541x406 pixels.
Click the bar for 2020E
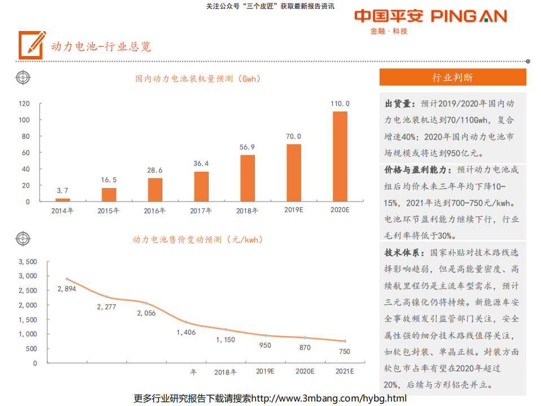(340, 156)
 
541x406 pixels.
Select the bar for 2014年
(63, 199)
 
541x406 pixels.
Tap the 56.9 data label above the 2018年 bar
(248, 146)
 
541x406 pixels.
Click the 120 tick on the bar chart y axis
(24, 104)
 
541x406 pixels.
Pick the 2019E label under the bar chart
(294, 210)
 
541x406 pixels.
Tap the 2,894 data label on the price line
(67, 289)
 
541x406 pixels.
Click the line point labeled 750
(345, 341)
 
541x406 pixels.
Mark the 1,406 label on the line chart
(186, 332)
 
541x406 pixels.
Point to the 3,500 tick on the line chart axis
(27, 262)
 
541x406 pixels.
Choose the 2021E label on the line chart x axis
(345, 372)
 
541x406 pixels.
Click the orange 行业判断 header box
(452, 77)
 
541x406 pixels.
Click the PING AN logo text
(469, 16)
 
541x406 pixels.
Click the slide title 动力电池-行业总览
(101, 46)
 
